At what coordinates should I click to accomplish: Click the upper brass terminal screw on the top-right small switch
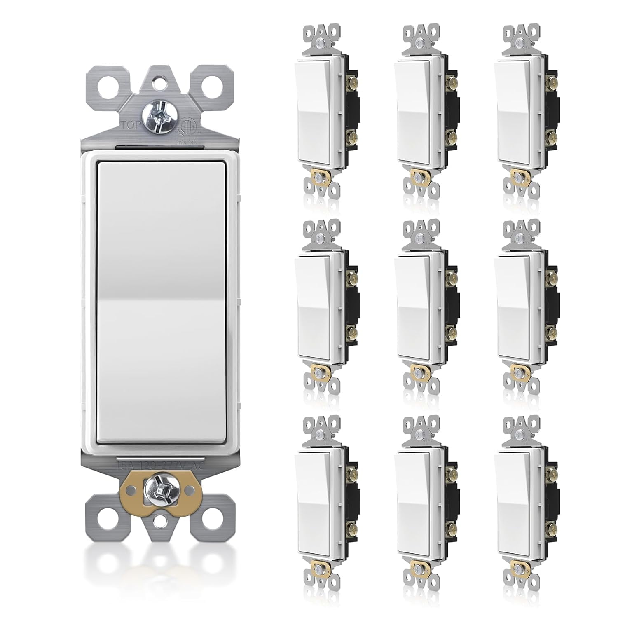click(x=551, y=84)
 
